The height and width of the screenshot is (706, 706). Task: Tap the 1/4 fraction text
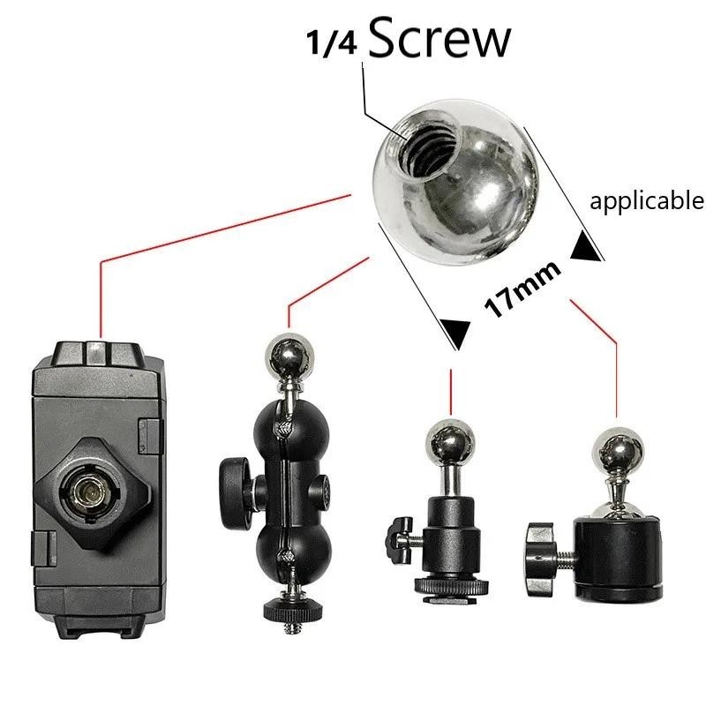(332, 42)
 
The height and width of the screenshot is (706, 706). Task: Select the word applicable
(647, 201)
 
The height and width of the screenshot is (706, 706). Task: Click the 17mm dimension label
(522, 289)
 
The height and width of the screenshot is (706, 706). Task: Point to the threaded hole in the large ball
(431, 148)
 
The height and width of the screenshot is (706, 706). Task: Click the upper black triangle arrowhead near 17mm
(586, 245)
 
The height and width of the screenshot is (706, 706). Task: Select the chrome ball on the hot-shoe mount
(450, 442)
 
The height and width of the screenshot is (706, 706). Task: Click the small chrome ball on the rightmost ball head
(618, 451)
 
